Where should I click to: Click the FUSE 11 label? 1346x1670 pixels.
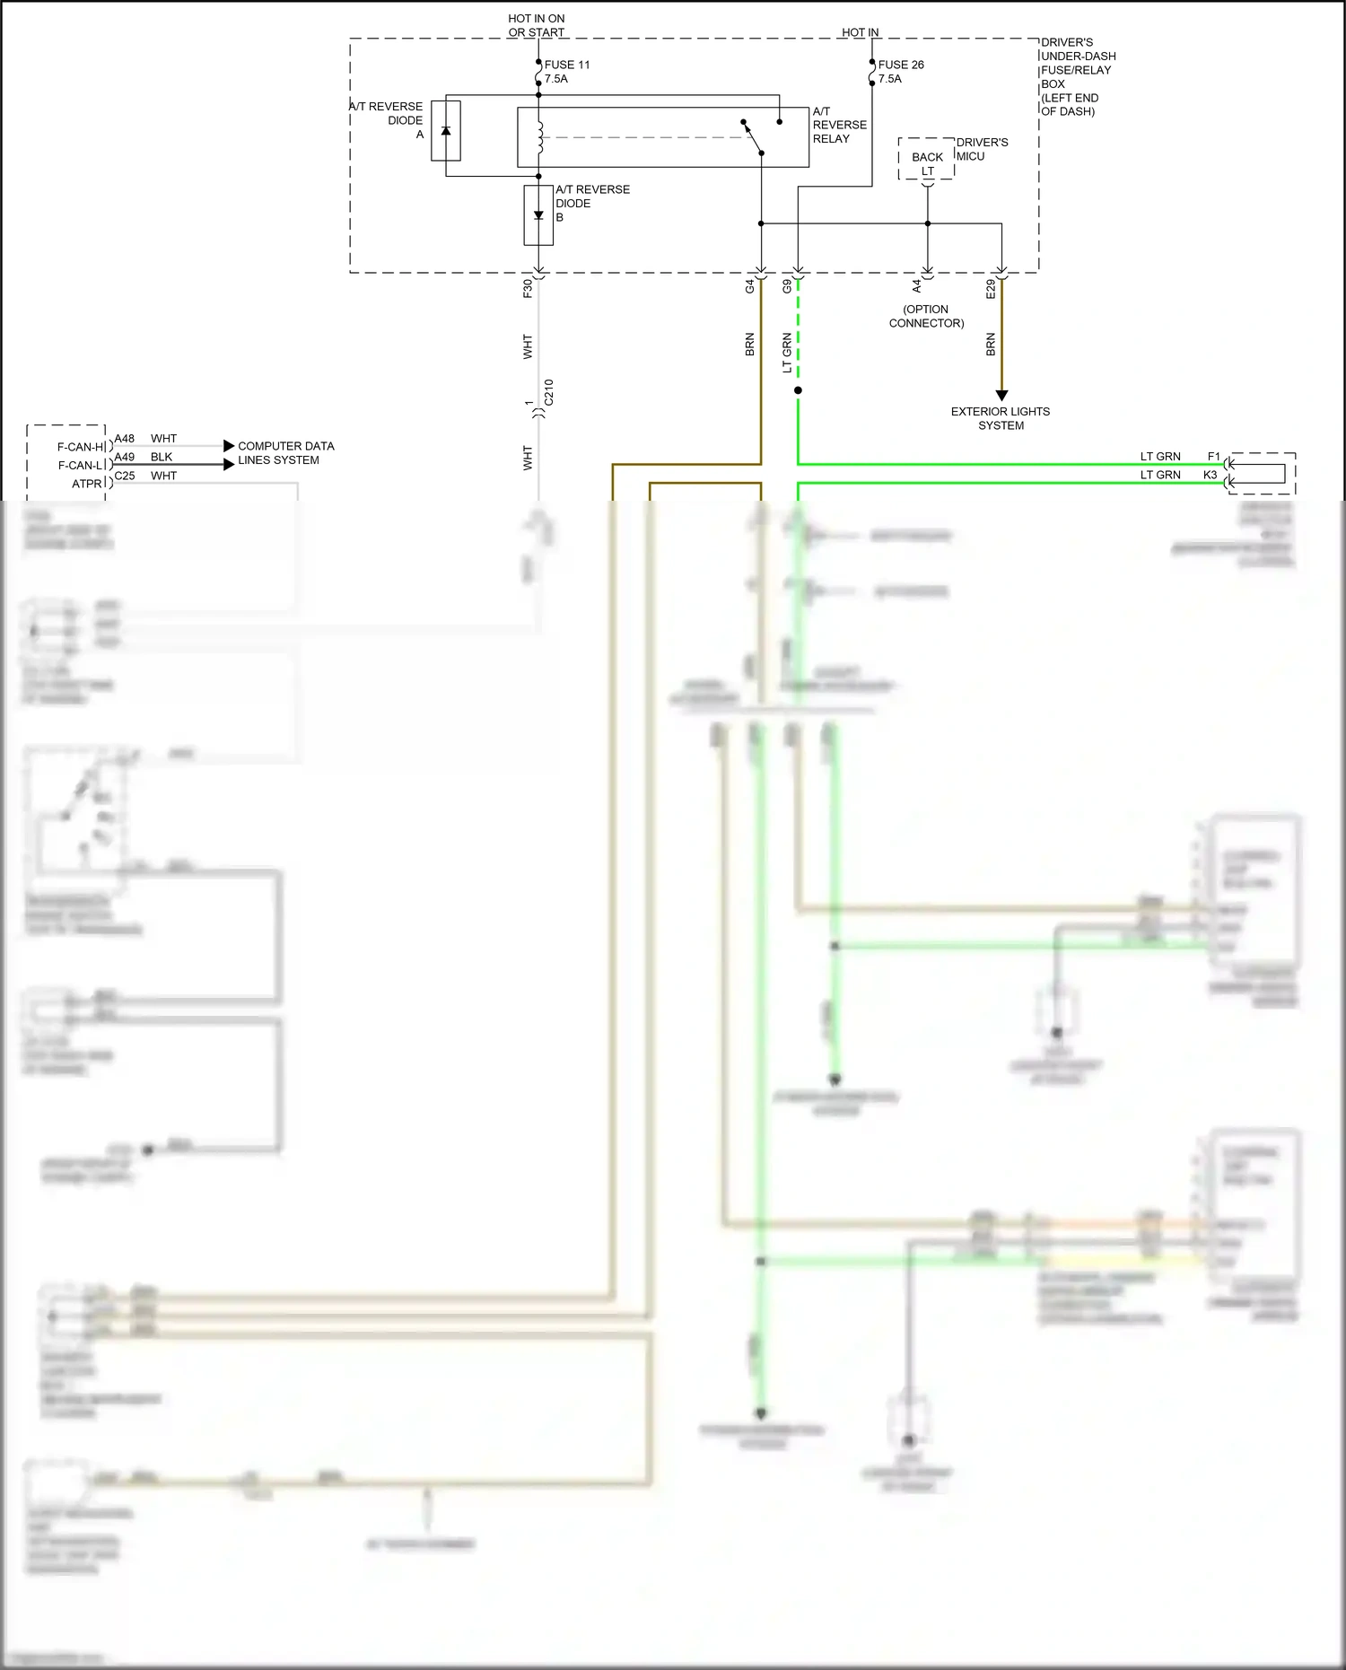[566, 65]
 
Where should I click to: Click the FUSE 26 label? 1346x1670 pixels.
[900, 65]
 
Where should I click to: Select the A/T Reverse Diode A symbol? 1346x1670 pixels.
[446, 131]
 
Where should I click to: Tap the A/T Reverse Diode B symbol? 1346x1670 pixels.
[538, 215]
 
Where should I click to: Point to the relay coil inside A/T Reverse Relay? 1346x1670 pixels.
[540, 137]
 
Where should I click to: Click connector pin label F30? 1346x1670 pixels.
[528, 288]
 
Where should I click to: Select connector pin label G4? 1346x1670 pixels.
[750, 287]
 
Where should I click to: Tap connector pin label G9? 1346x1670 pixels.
[787, 287]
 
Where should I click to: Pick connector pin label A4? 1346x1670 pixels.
[916, 286]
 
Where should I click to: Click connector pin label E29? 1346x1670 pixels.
[991, 289]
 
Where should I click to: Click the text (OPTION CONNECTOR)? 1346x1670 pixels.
[926, 316]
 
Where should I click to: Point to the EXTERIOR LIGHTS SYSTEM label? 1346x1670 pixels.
[1001, 418]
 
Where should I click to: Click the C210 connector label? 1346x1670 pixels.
[549, 392]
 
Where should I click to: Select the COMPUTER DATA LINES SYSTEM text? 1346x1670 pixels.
[285, 453]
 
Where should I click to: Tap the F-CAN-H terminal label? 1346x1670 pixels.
[81, 447]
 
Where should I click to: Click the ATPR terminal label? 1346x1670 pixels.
[87, 484]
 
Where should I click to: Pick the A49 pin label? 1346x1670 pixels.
[124, 457]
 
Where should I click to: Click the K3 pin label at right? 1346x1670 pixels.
[1210, 475]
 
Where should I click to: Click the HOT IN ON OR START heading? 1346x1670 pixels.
[536, 25]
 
